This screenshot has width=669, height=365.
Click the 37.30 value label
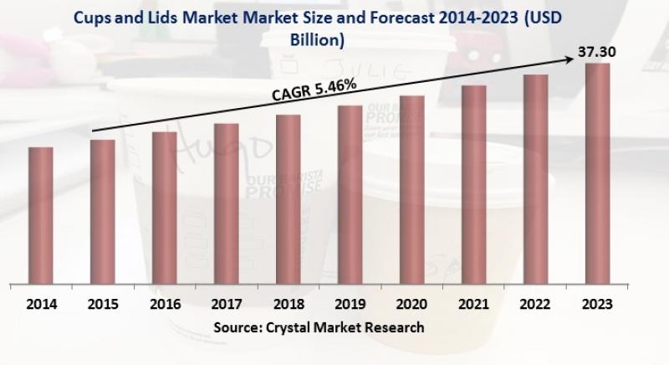click(599, 52)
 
